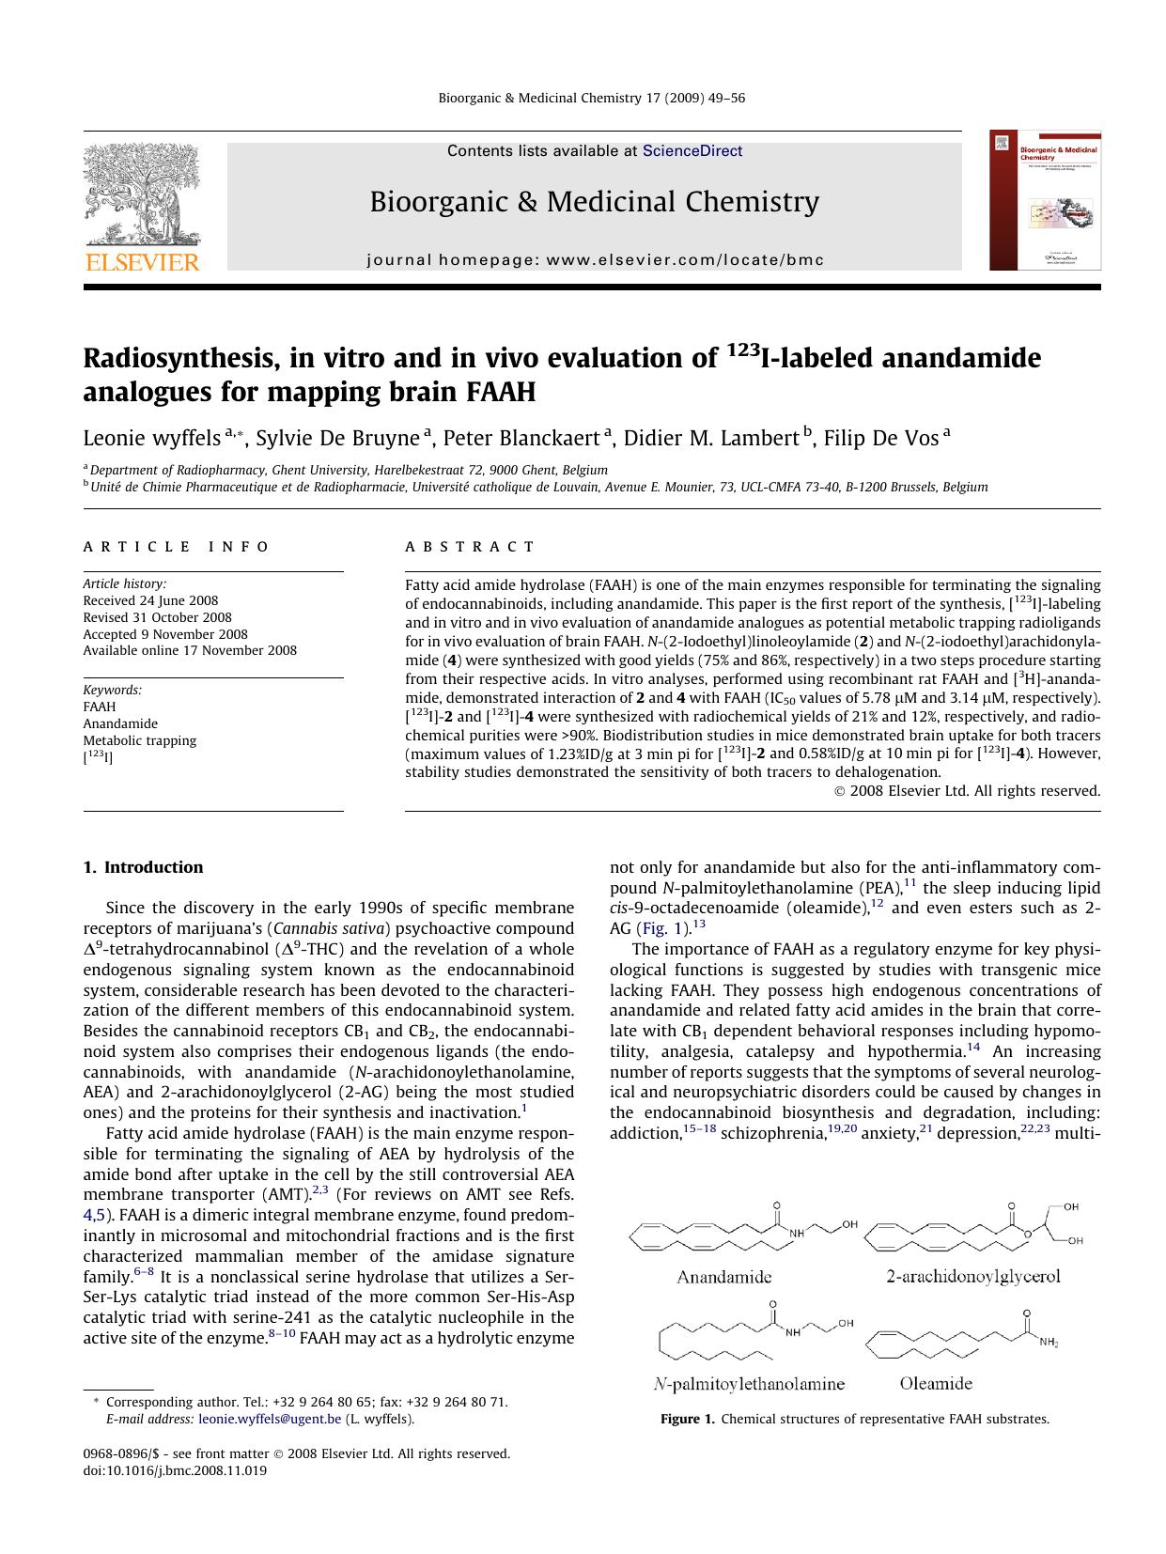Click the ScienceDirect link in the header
point(692,151)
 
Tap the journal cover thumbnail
point(1044,201)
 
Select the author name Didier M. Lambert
point(710,438)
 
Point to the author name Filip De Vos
point(880,438)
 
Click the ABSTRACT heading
point(470,547)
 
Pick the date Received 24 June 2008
point(150,600)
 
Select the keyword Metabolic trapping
point(139,740)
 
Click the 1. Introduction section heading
point(143,867)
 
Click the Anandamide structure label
point(723,1276)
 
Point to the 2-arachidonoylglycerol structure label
point(972,1276)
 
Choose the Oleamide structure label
point(935,1383)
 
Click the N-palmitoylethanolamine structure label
point(749,1383)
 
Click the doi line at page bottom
point(175,1470)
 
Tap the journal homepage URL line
point(595,259)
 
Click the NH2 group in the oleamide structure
point(1049,1344)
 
